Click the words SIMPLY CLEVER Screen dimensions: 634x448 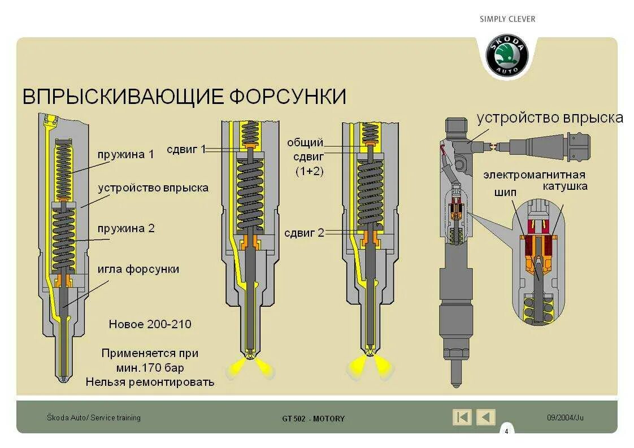[x=507, y=19]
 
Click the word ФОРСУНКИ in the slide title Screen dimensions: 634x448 [x=288, y=96]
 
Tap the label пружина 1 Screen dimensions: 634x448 [x=125, y=155]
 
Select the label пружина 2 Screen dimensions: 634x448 [x=125, y=229]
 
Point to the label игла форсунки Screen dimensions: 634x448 [x=138, y=269]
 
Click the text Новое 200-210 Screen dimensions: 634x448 [x=150, y=324]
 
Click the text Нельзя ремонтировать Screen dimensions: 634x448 [x=150, y=382]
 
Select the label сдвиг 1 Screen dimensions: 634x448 [x=186, y=149]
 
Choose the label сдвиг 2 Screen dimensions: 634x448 [x=305, y=233]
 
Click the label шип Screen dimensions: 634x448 [x=505, y=193]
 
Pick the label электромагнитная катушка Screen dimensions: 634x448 [x=534, y=180]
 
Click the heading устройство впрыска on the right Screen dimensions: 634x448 [x=549, y=118]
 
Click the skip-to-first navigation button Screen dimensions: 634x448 [x=462, y=417]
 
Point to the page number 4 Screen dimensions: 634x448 [x=506, y=432]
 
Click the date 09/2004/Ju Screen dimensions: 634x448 [x=565, y=417]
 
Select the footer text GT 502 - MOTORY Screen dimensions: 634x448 [x=313, y=419]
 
